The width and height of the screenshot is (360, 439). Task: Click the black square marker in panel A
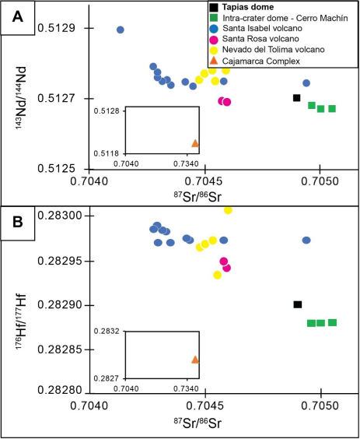(296, 97)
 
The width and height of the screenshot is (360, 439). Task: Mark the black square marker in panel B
(297, 304)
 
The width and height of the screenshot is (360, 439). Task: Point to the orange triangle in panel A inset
(195, 143)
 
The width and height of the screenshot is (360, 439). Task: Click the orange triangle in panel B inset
(195, 360)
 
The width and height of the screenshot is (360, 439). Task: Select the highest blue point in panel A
(121, 30)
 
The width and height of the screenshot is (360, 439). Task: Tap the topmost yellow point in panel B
(228, 210)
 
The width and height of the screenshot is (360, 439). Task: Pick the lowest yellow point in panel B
(217, 275)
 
